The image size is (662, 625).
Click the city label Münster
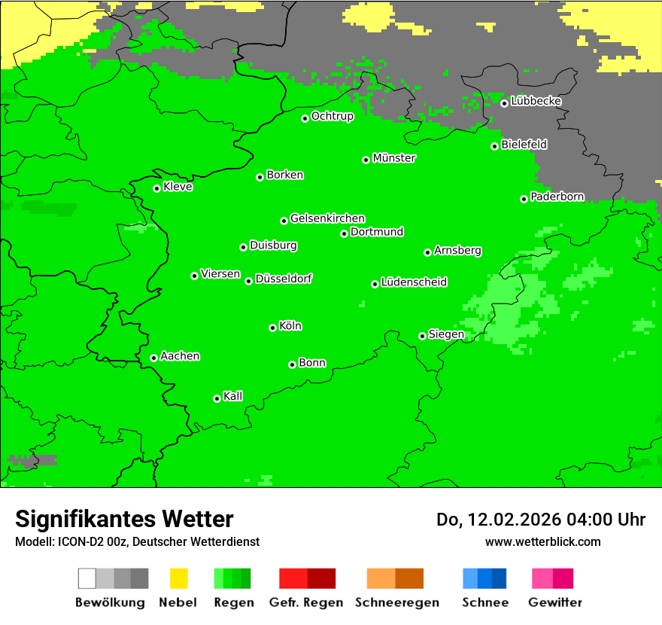click(394, 158)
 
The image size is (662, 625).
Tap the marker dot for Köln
click(273, 328)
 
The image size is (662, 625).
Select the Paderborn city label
click(557, 197)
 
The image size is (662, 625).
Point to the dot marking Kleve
click(157, 188)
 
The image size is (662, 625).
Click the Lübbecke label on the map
click(536, 101)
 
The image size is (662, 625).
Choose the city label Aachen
click(180, 356)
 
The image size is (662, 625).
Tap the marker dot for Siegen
click(423, 336)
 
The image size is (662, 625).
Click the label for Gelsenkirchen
click(327, 218)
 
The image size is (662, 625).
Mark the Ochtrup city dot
click(305, 118)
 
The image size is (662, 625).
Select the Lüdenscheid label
click(414, 282)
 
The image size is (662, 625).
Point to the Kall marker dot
click(217, 398)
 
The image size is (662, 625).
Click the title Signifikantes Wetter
click(124, 519)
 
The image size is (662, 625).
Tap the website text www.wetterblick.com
click(542, 541)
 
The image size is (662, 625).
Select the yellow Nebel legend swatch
click(178, 578)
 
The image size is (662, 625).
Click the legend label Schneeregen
click(397, 602)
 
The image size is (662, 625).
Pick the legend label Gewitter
click(555, 602)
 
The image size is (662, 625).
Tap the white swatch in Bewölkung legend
click(87, 578)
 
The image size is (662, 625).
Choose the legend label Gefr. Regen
click(306, 602)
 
